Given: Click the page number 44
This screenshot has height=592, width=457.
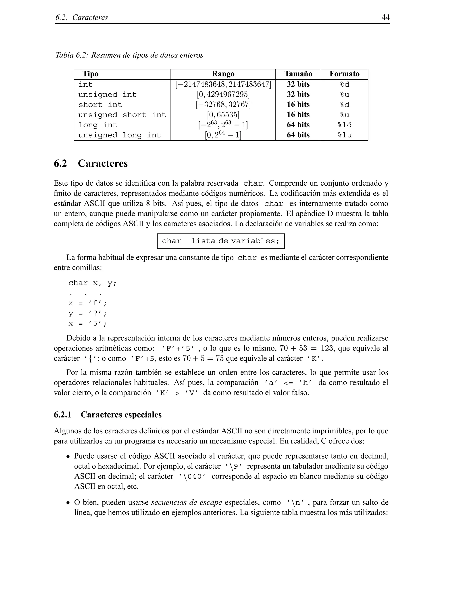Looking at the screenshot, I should [x=385, y=17].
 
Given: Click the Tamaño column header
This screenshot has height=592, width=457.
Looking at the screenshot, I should [x=298, y=74].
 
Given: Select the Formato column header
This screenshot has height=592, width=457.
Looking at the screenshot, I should [x=344, y=74].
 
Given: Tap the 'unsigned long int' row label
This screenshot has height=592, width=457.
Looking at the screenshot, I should [x=119, y=135].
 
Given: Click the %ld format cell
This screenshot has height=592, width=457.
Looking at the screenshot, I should [x=344, y=125].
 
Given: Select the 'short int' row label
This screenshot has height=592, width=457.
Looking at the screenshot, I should [x=100, y=105].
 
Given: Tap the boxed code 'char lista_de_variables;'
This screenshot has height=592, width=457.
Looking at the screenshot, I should [x=221, y=241].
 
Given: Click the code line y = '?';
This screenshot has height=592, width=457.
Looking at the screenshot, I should [x=87, y=313].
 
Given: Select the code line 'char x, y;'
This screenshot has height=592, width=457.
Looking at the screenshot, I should [x=92, y=283].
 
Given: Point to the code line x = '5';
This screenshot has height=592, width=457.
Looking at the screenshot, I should [x=87, y=323].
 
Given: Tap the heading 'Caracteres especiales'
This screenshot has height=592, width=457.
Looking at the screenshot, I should [x=121, y=415].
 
